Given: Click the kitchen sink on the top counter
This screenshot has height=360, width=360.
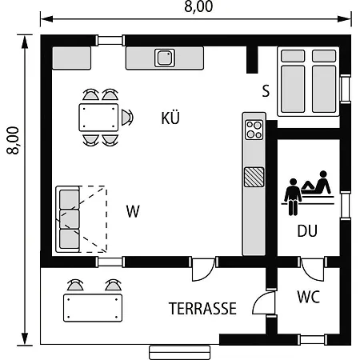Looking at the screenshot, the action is [x=165, y=58].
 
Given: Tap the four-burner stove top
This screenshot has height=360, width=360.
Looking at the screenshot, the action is [x=254, y=130].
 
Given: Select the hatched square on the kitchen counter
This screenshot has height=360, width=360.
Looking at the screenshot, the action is [x=254, y=177].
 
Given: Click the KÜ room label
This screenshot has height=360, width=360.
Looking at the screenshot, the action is [x=170, y=118].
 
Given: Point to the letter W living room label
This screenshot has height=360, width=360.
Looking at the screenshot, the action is [x=133, y=211].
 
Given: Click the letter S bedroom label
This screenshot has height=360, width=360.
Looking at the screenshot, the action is [x=266, y=90].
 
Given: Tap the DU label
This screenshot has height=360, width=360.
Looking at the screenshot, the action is [x=307, y=231].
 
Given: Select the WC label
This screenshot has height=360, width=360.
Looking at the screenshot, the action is [x=308, y=297].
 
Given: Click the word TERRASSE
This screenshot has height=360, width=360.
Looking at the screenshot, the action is [x=202, y=309].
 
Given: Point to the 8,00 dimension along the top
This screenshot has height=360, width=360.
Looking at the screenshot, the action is [x=198, y=6].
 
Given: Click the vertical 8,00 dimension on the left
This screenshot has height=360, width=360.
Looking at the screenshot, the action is [x=13, y=140].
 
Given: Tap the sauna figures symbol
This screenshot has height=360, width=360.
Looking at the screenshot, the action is [x=308, y=193].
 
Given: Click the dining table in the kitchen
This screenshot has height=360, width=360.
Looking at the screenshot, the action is [x=98, y=118].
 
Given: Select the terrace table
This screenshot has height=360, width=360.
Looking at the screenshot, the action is [x=93, y=308].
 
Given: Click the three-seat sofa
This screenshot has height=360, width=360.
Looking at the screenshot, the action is [x=68, y=219].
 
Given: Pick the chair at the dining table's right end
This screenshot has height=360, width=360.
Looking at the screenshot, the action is [x=127, y=118].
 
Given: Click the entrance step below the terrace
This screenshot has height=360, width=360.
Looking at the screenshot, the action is [x=180, y=353].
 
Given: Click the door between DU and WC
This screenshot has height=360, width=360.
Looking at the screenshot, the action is [x=312, y=269].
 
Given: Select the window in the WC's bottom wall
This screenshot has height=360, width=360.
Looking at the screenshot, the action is [x=312, y=339].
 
